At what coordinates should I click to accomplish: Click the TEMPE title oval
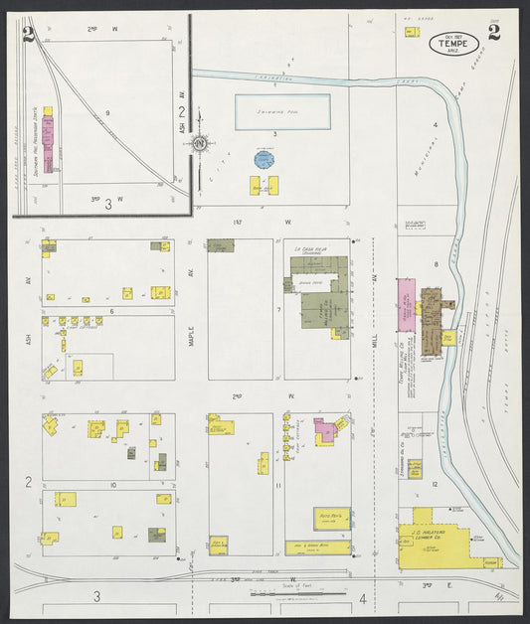[x=453, y=42]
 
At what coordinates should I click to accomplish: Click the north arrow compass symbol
[x=201, y=144]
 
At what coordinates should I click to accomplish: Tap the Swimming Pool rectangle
[x=282, y=112]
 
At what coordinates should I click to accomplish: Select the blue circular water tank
[x=264, y=159]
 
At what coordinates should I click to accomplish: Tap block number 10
[x=113, y=484]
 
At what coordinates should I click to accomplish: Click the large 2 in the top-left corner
[x=27, y=38]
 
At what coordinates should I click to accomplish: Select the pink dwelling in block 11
[x=325, y=432]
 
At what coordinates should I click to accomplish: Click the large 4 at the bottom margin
[x=363, y=598]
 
